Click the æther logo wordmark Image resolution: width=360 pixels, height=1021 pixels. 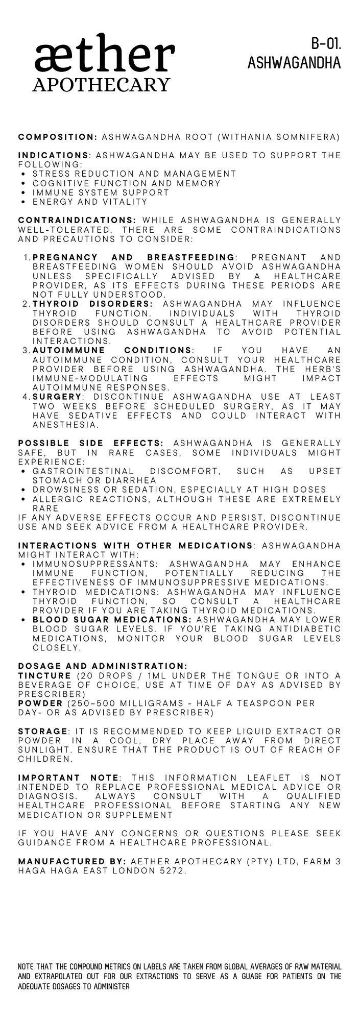coord(105,55)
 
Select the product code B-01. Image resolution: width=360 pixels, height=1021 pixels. coord(326,45)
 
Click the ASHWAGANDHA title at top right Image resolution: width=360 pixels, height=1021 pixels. coord(294,63)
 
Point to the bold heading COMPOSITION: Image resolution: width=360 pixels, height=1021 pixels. coord(58,137)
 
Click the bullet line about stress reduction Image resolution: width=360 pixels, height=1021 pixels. coord(134,174)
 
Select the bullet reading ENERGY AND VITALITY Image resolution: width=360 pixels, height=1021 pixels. coord(90,202)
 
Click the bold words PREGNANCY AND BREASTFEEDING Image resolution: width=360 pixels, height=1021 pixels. coord(134,257)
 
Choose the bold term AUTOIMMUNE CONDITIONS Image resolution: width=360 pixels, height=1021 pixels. coord(112,351)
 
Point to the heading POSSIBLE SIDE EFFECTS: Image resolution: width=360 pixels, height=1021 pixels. coord(91,444)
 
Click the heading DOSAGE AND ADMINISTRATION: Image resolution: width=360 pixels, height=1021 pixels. coord(103,666)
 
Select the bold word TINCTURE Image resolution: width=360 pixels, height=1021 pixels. coord(44,676)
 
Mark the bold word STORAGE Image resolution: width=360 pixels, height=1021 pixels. coord(42,732)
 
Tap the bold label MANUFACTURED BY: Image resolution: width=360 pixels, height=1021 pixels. coord(72,862)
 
